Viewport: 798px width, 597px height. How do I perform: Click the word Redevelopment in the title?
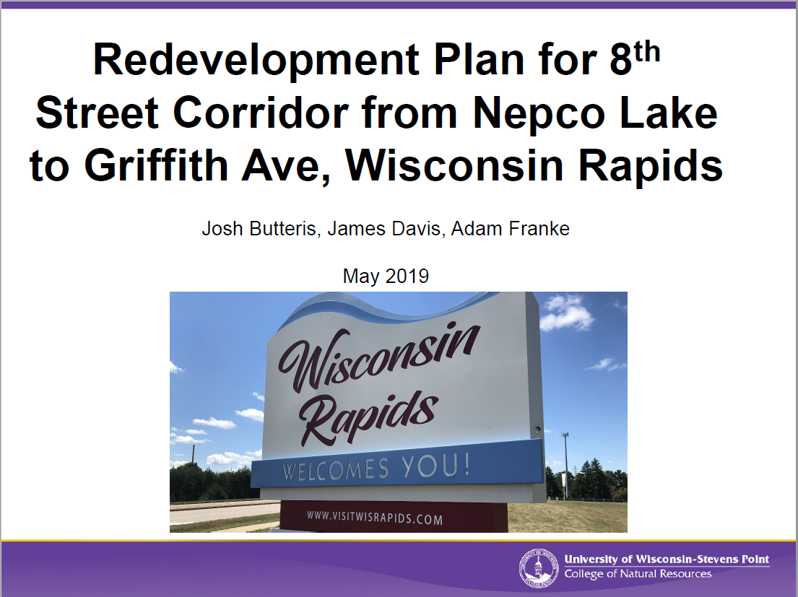(256, 61)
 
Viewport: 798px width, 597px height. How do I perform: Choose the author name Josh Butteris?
(259, 229)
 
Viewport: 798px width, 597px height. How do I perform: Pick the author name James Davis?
(383, 229)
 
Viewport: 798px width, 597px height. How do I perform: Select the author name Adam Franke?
(510, 229)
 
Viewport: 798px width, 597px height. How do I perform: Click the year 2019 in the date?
(407, 276)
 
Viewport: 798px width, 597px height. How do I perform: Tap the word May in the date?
(361, 277)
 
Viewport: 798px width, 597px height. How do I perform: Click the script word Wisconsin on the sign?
(378, 358)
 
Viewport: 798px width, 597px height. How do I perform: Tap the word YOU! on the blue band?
(435, 466)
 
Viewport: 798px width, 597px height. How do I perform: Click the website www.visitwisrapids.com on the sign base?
(375, 518)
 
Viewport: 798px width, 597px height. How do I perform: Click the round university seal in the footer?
(539, 568)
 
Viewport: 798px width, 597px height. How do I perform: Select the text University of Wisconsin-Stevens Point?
(667, 559)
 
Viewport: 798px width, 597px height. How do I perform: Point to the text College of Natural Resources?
(638, 574)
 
